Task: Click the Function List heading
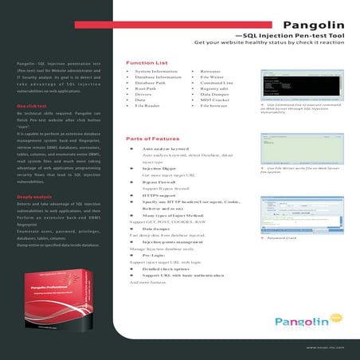147,62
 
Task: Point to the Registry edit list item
215,88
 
